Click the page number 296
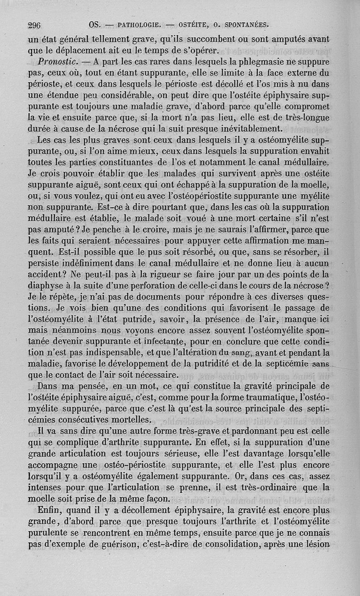point(34,25)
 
